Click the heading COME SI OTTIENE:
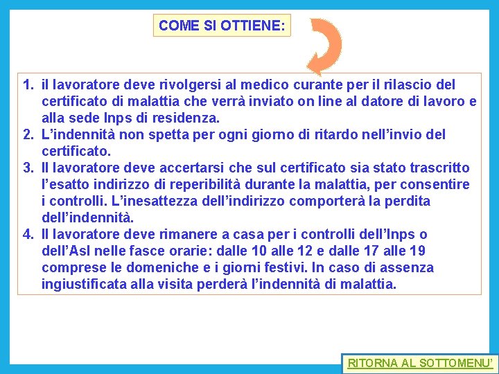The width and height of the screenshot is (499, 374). tap(222, 26)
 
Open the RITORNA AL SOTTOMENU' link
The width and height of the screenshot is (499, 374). tap(421, 363)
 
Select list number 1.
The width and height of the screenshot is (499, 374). tap(28, 85)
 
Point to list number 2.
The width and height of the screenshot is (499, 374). tap(28, 134)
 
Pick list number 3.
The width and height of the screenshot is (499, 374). tap(28, 168)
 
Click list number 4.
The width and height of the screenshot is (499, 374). tap(28, 235)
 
